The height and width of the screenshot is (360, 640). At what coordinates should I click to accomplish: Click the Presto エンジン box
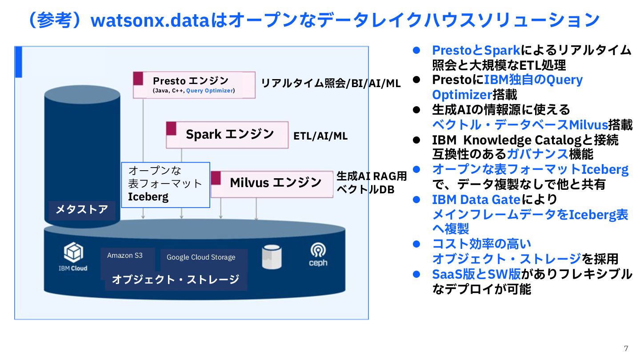[x=194, y=84]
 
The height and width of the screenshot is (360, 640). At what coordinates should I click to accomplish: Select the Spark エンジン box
[x=227, y=134]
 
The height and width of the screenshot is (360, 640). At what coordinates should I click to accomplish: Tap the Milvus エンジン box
[x=272, y=183]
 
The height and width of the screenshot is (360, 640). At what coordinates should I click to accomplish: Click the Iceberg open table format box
[x=165, y=184]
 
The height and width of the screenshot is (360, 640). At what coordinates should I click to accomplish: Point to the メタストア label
[x=82, y=210]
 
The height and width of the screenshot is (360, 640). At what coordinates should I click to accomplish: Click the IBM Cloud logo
[x=73, y=257]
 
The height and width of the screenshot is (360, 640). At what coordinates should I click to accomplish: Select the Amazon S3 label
[x=125, y=256]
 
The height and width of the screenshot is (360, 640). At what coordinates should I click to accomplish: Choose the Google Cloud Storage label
[x=201, y=257]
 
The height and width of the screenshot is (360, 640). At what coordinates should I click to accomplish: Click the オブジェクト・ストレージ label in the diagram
[x=176, y=280]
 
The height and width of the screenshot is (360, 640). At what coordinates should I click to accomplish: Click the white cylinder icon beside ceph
[x=272, y=257]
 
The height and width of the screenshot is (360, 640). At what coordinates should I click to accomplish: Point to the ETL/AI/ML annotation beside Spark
[x=320, y=136]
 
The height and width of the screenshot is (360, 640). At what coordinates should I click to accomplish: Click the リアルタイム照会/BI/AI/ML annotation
[x=331, y=84]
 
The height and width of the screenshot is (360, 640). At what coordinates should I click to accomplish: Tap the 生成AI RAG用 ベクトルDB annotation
[x=372, y=183]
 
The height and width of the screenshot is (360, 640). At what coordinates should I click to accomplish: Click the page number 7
[x=626, y=348]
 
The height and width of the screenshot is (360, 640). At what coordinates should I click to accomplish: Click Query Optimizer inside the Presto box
[x=209, y=91]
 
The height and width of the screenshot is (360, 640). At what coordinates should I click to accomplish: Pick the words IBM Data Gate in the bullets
[x=476, y=200]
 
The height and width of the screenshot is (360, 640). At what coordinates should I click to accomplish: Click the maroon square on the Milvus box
[x=216, y=178]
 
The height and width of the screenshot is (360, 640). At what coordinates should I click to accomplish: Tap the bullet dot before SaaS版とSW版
[x=416, y=274]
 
